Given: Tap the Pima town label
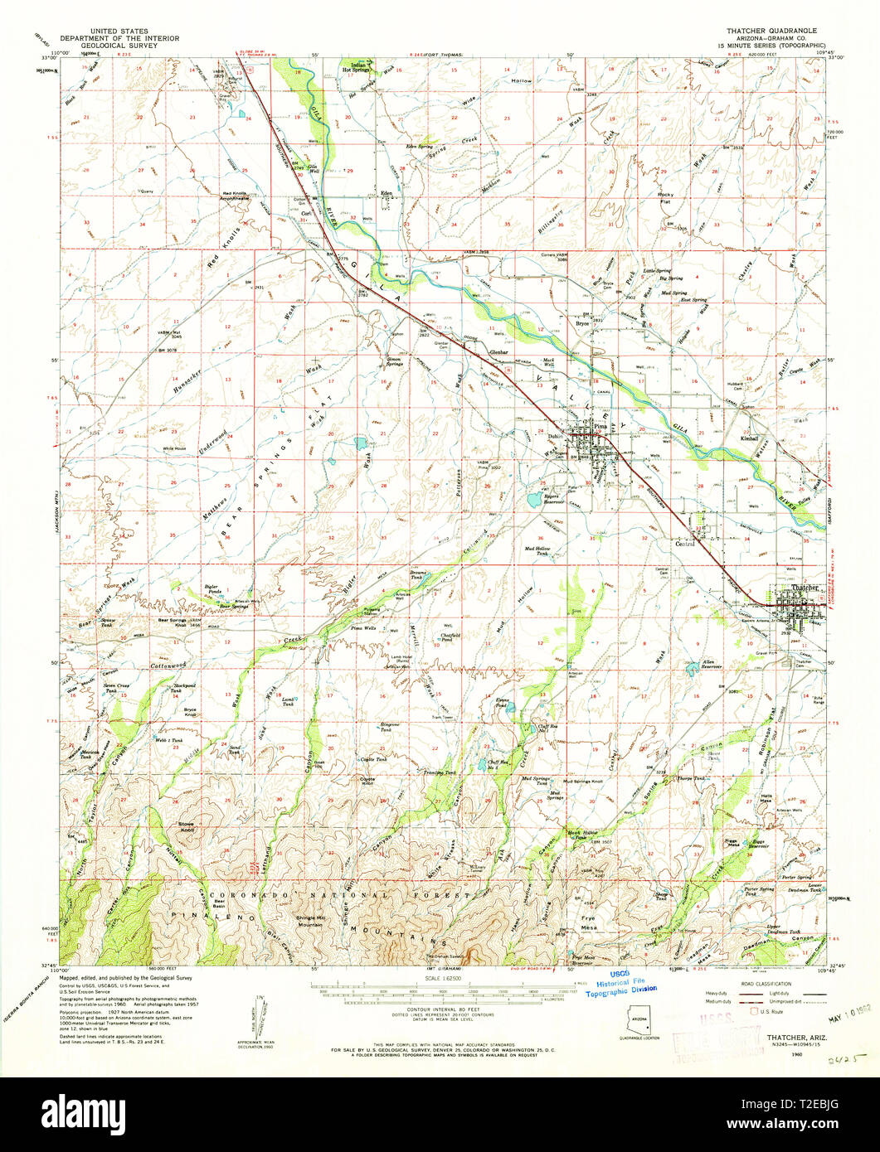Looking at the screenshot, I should [x=612, y=429].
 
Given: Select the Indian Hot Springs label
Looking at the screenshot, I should [x=357, y=68].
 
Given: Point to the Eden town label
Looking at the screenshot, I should [x=386, y=191].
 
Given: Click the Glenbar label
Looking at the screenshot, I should [x=498, y=352].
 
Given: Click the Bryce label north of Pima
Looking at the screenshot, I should [x=582, y=323].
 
